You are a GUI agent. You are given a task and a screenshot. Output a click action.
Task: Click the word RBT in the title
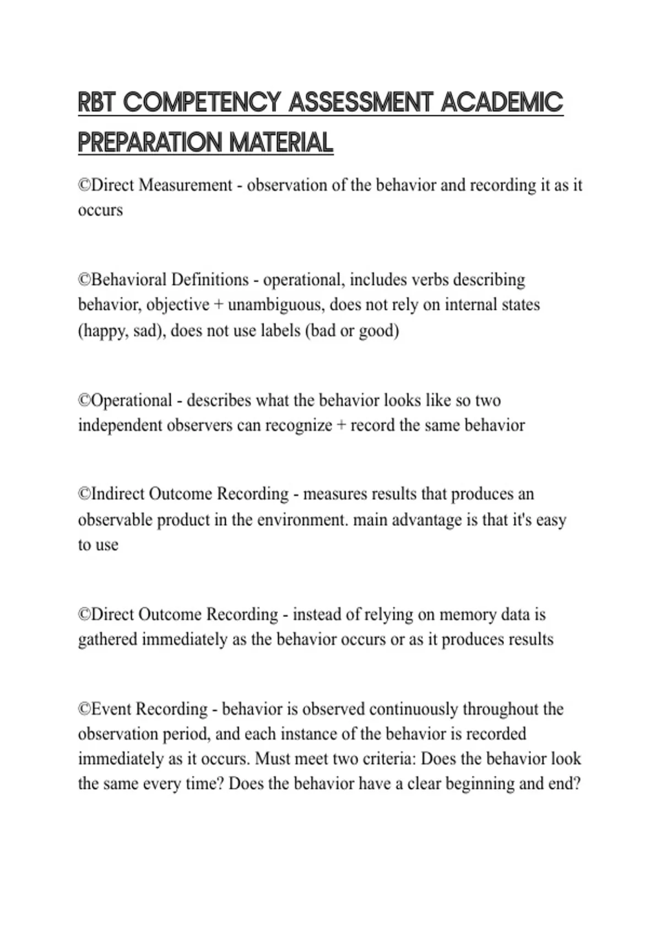pos(97,103)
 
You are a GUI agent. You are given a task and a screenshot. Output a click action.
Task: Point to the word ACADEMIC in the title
pos(502,103)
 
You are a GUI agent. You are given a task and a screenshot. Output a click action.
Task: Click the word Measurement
pos(186,185)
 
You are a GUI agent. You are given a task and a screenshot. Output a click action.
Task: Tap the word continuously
pos(413,709)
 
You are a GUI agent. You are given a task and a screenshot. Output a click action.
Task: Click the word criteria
pos(389,759)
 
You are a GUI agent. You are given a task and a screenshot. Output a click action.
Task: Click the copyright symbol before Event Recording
pos(84,709)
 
